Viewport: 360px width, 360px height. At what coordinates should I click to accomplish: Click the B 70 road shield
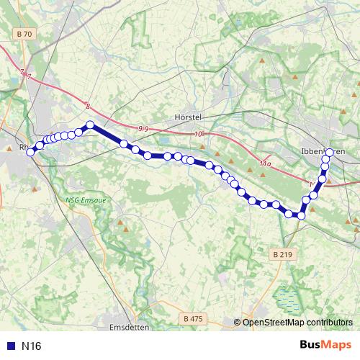click(24, 33)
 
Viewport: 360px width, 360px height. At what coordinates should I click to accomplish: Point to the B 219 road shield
click(284, 254)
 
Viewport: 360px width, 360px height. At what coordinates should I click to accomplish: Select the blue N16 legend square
click(9, 346)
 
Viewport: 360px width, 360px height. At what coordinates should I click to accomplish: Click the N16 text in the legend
click(32, 346)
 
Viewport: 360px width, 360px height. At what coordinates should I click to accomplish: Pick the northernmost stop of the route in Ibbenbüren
click(330, 153)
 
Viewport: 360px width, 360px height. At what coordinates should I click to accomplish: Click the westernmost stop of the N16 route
click(30, 150)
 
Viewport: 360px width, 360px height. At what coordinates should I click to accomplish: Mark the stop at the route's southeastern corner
click(302, 215)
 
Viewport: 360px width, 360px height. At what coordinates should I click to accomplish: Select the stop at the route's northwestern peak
click(91, 125)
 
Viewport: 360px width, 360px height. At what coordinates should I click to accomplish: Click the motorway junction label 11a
click(266, 164)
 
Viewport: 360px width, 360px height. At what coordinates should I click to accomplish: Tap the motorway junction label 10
click(199, 134)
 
